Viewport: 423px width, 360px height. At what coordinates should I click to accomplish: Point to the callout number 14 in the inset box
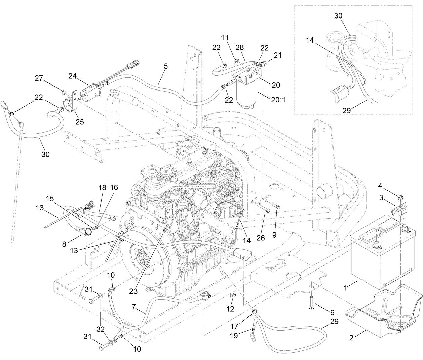310,40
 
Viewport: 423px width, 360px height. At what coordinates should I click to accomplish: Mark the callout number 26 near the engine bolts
261,238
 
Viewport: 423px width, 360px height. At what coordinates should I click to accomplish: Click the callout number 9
274,235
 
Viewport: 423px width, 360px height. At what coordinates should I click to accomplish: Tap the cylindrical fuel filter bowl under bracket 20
247,95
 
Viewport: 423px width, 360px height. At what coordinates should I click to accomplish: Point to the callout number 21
278,55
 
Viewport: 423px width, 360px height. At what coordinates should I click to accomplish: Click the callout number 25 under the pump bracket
80,121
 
